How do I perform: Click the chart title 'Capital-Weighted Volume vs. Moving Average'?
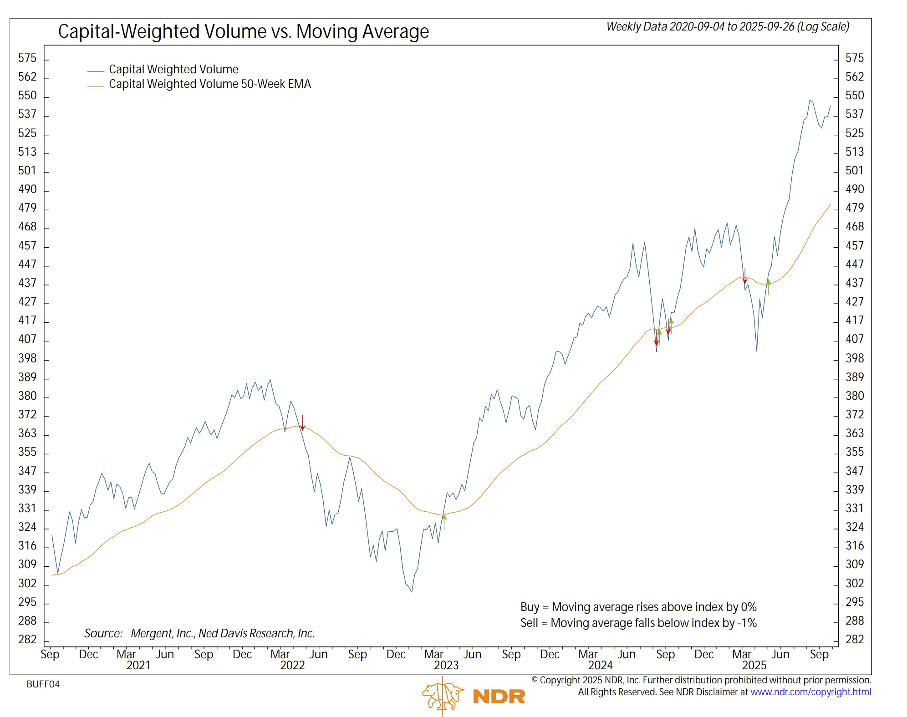point(243,32)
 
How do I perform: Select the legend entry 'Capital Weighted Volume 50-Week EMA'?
point(209,84)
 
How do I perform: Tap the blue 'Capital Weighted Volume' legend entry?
point(173,70)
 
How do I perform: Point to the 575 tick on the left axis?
point(27,58)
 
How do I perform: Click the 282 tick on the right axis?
point(854,639)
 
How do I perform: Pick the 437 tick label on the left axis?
point(27,283)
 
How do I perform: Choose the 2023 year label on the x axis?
point(446,665)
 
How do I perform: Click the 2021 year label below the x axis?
point(138,665)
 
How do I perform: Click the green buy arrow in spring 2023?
point(444,521)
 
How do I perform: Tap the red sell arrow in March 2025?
point(745,276)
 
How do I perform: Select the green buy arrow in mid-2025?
point(769,286)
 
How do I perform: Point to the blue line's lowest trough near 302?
point(412,591)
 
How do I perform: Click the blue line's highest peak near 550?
point(810,100)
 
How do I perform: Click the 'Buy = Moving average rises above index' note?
point(638,607)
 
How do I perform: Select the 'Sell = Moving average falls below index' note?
point(638,623)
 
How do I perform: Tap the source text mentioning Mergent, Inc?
point(199,633)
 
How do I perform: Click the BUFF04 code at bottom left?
point(43,684)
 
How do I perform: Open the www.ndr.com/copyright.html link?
point(810,692)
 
